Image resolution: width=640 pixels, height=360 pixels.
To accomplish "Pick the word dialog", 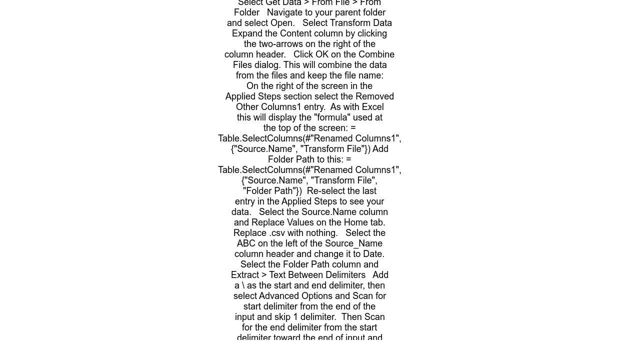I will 267,65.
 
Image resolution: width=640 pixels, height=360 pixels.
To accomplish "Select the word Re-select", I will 327,191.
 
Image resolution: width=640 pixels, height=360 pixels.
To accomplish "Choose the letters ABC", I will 246,243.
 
